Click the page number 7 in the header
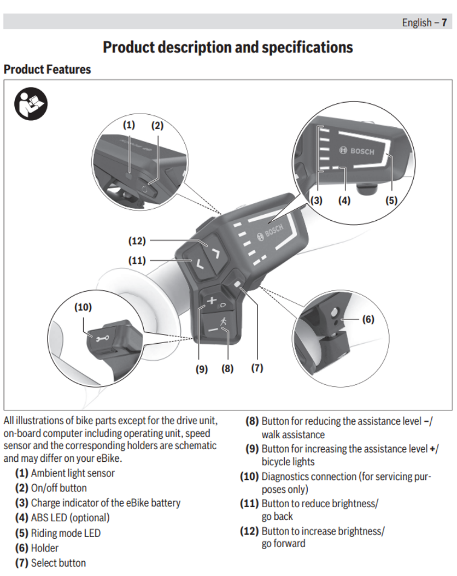click(444, 22)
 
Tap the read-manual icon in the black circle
click(31, 103)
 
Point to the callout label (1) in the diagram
click(128, 125)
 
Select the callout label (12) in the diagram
click(137, 240)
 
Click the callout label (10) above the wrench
click(83, 307)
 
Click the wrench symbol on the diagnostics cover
click(101, 339)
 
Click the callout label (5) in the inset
click(391, 199)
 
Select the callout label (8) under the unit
click(227, 368)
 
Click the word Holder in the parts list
click(45, 548)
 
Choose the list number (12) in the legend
click(249, 531)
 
